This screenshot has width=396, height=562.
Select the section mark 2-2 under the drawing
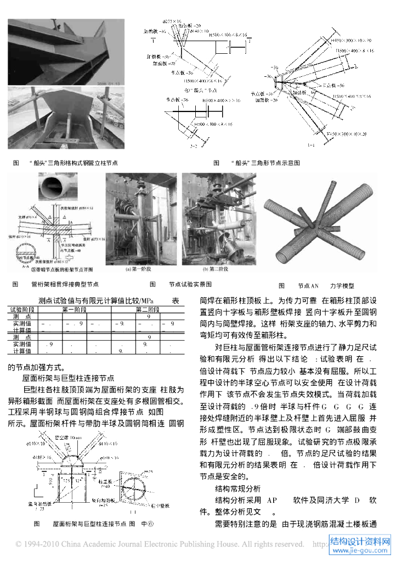click(194, 148)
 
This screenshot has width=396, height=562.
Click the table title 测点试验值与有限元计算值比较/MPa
click(97, 301)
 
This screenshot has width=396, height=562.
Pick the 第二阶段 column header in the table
click(148, 310)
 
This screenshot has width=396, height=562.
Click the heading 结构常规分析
click(237, 488)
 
